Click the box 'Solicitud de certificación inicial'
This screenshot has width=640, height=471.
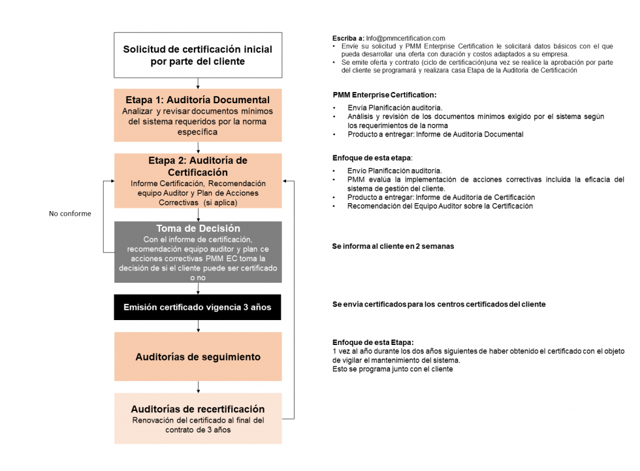coord(198,55)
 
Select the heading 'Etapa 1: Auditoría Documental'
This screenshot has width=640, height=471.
coord(198,100)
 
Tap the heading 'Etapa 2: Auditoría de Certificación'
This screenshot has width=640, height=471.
coord(198,166)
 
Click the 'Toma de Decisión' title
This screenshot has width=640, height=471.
coord(198,229)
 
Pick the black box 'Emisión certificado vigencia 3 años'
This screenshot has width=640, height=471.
coord(198,307)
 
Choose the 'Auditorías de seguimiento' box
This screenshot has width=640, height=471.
coord(198,357)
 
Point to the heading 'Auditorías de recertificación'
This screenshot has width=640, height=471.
coord(198,409)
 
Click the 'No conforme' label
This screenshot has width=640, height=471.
coord(70,214)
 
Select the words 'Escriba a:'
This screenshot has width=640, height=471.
coord(348,39)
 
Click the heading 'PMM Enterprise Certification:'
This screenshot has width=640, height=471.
coord(384,95)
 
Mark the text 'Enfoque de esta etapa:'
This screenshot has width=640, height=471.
coord(372,159)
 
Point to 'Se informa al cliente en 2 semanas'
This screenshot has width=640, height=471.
coord(392,247)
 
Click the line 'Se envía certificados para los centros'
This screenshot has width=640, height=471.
coord(438,304)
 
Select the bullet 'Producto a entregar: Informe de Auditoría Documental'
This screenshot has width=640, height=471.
coord(435,135)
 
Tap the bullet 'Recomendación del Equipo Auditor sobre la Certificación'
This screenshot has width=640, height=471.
coord(440,206)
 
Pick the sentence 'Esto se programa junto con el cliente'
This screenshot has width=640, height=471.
coord(392,369)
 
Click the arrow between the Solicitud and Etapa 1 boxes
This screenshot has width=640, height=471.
coord(198,83)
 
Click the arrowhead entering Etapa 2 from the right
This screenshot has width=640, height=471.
coord(285,180)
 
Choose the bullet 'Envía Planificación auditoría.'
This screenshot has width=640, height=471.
coord(394,107)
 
